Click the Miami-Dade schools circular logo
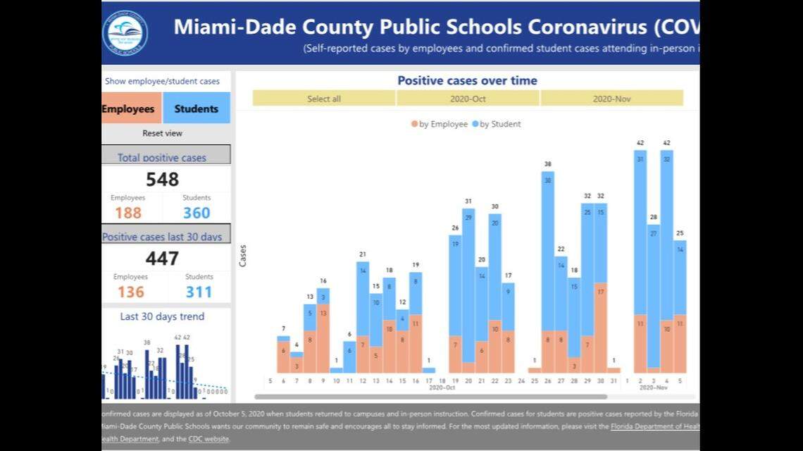pyautogui.click(x=125, y=32)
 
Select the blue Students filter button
pyautogui.click(x=197, y=109)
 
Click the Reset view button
pyautogui.click(x=163, y=133)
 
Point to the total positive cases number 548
pyautogui.click(x=163, y=180)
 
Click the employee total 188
pyautogui.click(x=128, y=213)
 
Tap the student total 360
pyautogui.click(x=197, y=213)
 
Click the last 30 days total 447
pyautogui.click(x=163, y=259)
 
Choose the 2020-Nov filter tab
pyautogui.click(x=611, y=99)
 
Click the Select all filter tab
pyautogui.click(x=324, y=99)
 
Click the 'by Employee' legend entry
pyautogui.click(x=440, y=124)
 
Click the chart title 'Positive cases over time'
pyautogui.click(x=467, y=80)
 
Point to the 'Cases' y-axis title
pyautogui.click(x=243, y=255)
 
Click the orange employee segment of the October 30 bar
pyautogui.click(x=601, y=328)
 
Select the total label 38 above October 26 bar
pyautogui.click(x=547, y=164)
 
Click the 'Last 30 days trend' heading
pyautogui.click(x=162, y=316)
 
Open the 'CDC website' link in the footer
pyautogui.click(x=208, y=439)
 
